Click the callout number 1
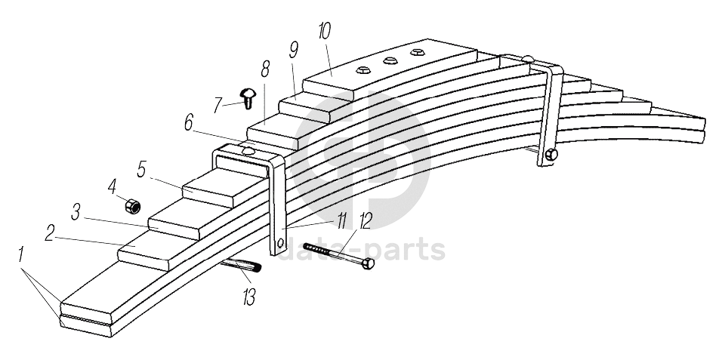point(23,255)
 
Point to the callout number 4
point(112,186)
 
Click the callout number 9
point(293,50)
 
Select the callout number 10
point(324,32)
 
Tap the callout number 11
point(341,220)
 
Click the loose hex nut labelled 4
point(131,204)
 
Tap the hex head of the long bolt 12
point(368,264)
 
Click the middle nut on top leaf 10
point(390,60)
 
